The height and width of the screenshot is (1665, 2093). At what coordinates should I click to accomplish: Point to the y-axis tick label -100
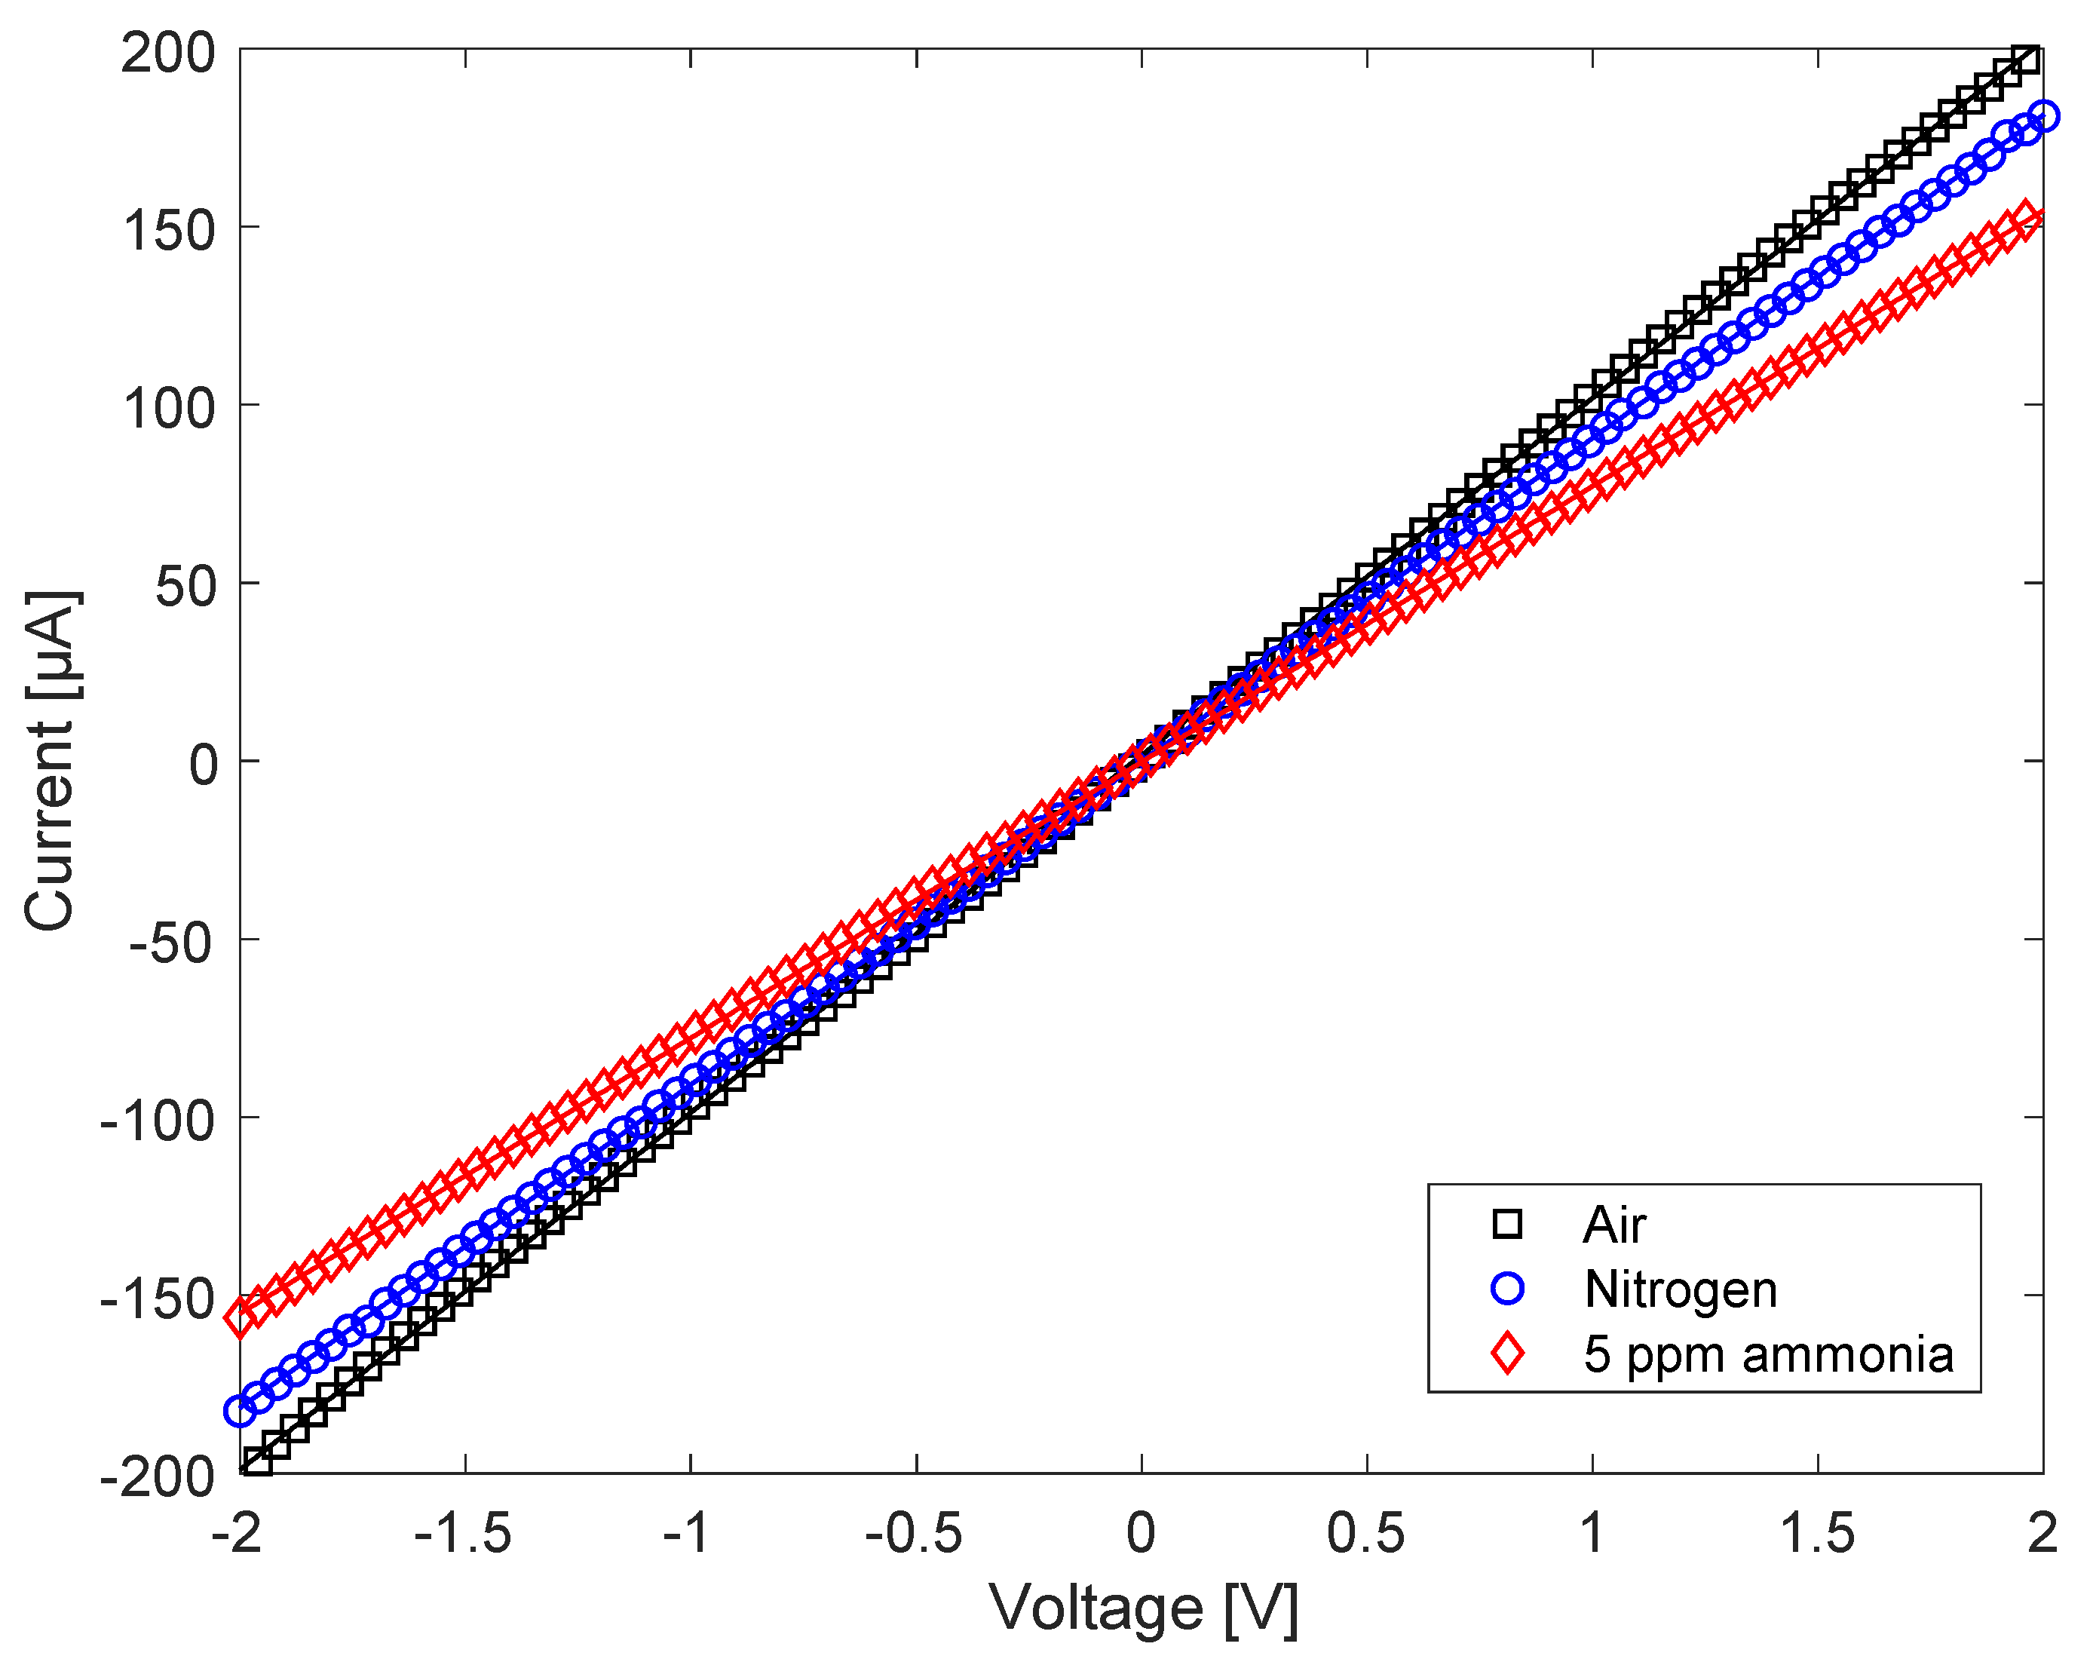pyautogui.click(x=158, y=1122)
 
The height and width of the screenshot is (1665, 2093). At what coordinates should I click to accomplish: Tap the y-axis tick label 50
pyautogui.click(x=185, y=587)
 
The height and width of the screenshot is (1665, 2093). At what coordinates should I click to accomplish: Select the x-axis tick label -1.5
pyautogui.click(x=463, y=1535)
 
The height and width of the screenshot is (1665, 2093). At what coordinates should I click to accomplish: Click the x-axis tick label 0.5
pyautogui.click(x=1366, y=1535)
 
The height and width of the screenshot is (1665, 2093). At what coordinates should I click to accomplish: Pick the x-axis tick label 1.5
pyautogui.click(x=1816, y=1535)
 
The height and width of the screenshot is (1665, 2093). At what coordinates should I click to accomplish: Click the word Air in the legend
pyautogui.click(x=1613, y=1225)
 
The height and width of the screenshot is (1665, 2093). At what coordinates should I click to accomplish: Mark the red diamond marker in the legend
pyautogui.click(x=1506, y=1354)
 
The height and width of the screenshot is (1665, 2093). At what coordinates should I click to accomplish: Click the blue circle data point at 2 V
pyautogui.click(x=2042, y=115)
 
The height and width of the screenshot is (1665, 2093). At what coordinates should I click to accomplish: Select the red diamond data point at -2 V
pyautogui.click(x=240, y=1317)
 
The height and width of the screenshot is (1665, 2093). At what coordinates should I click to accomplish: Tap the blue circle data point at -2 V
pyautogui.click(x=240, y=1411)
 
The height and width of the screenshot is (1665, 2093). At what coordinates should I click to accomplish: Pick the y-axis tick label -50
pyautogui.click(x=171, y=943)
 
